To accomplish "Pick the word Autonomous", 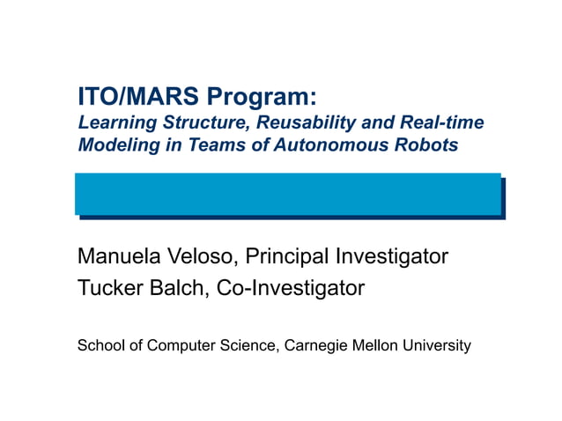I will tap(337, 145).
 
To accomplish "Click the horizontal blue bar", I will tap(287, 194).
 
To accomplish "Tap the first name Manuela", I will tap(120, 256).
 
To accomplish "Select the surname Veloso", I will tap(203, 256).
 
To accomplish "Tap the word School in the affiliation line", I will tap(100, 345).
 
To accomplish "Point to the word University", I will tap(440, 345).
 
